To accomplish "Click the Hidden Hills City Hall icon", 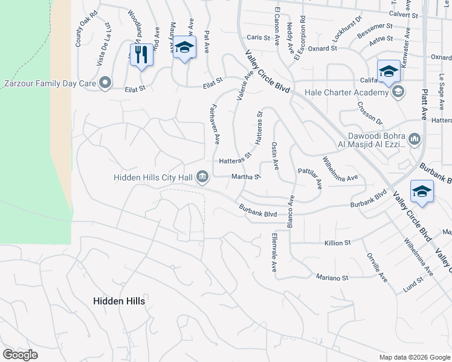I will click(203, 177).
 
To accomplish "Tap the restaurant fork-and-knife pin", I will click(142, 54).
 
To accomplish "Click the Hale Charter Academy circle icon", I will click(398, 92).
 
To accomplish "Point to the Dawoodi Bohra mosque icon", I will click(415, 140).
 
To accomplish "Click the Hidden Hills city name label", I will click(119, 300).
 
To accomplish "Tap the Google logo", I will click(20, 355).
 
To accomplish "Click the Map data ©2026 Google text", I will click(414, 357).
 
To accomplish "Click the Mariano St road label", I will click(332, 278).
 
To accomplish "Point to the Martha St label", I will click(245, 177).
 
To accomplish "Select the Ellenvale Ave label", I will click(274, 252).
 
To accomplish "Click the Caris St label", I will click(258, 37).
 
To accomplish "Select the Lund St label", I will click(415, 282).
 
